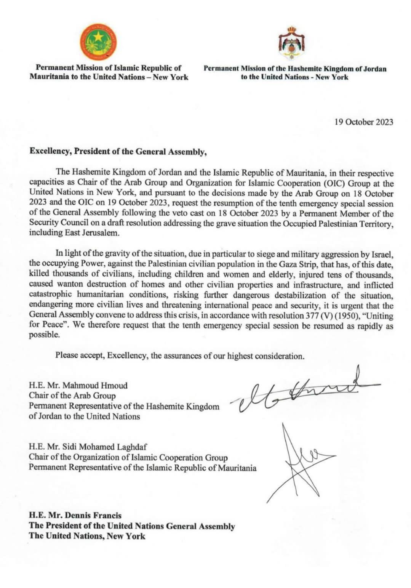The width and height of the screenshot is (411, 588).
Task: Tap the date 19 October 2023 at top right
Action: click(364, 122)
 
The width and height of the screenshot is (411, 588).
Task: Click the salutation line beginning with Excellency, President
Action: click(118, 152)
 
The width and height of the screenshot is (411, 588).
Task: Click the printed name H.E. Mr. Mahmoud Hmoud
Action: click(78, 385)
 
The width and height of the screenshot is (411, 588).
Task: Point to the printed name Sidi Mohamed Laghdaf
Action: click(103, 447)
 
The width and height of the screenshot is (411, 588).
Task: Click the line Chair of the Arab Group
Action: click(72, 396)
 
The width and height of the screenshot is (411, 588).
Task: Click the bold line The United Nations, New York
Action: click(87, 536)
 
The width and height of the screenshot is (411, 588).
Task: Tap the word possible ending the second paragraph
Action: click(44, 335)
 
